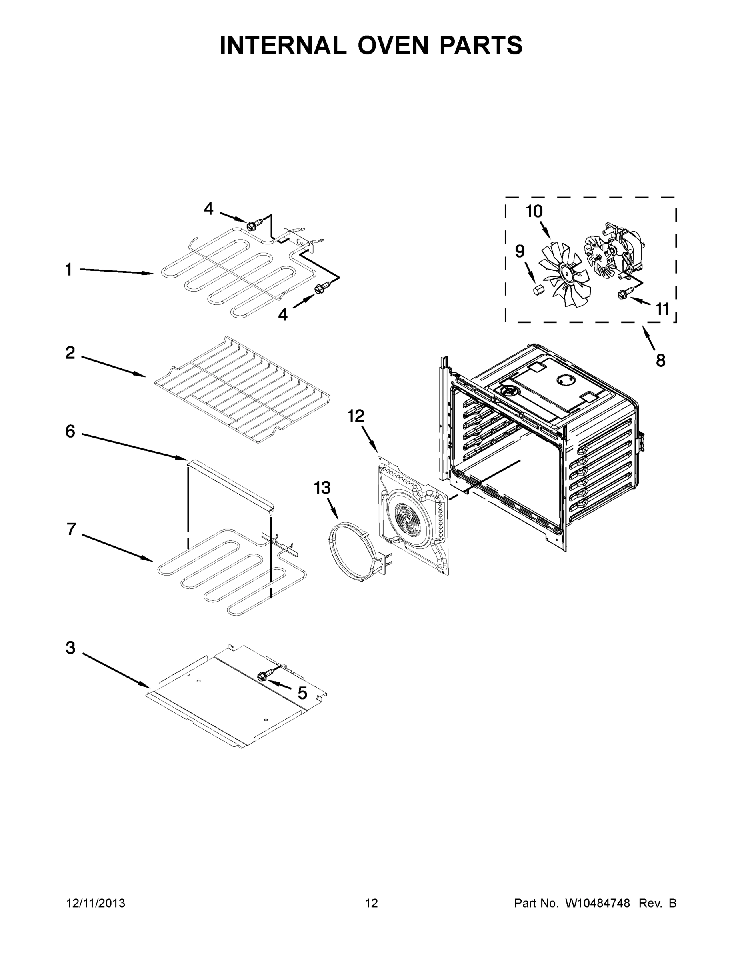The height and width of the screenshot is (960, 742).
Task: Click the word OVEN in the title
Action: click(393, 45)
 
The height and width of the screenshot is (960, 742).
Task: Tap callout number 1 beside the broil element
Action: click(68, 270)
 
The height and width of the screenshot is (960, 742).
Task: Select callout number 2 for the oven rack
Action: click(70, 352)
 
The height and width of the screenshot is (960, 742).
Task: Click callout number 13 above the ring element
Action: click(322, 488)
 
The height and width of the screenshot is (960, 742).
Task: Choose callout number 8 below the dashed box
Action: click(661, 360)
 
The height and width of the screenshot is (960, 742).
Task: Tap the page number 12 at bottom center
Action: click(372, 903)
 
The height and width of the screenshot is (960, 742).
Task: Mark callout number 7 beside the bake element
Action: click(72, 529)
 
